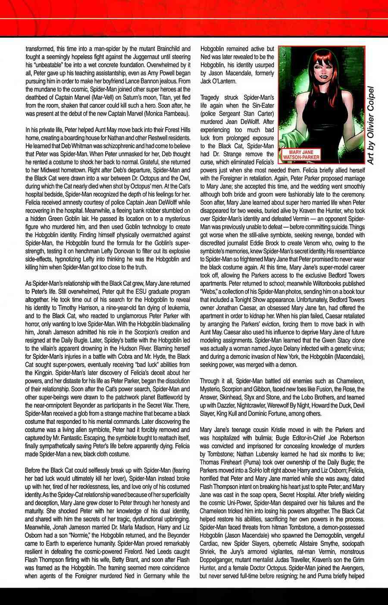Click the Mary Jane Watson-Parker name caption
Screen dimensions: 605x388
(301, 155)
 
